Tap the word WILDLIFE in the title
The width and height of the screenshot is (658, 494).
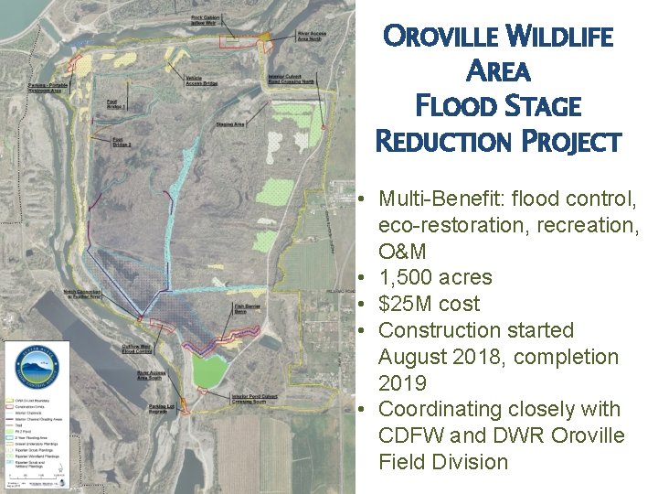560,38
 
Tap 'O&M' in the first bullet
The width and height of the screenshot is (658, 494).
404,251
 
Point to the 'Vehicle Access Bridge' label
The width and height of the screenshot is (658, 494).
202,81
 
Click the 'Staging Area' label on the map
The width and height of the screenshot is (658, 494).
229,123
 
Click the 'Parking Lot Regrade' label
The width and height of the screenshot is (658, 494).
162,408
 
